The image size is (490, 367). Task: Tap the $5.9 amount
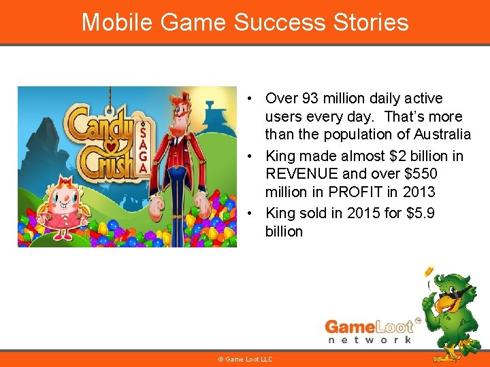[421, 213]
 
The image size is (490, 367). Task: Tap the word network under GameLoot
[370, 338]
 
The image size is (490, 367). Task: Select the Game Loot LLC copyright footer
[245, 359]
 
